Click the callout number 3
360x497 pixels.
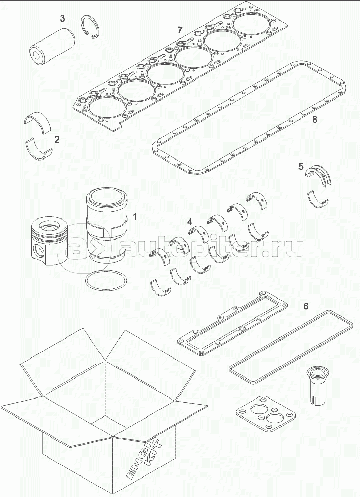point(62,19)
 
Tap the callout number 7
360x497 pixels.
point(179,29)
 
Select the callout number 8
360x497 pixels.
point(315,120)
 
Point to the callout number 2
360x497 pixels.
point(57,139)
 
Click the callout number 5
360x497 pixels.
point(302,166)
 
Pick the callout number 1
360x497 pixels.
point(135,216)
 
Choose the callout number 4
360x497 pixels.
point(189,222)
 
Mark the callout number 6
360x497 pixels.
point(306,306)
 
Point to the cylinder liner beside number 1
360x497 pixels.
point(106,226)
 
